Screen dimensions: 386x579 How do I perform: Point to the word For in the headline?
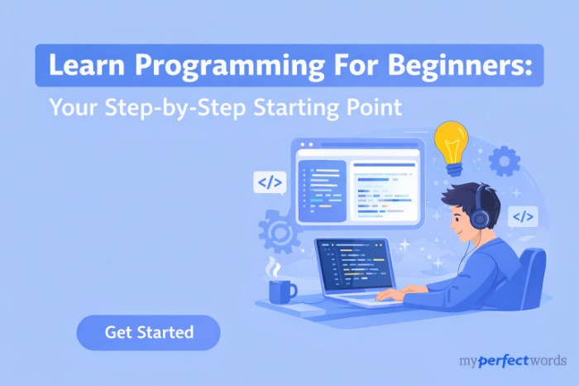click(x=357, y=65)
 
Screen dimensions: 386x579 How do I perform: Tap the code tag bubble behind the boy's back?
click(x=523, y=217)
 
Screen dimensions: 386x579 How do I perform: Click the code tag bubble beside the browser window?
click(x=270, y=182)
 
